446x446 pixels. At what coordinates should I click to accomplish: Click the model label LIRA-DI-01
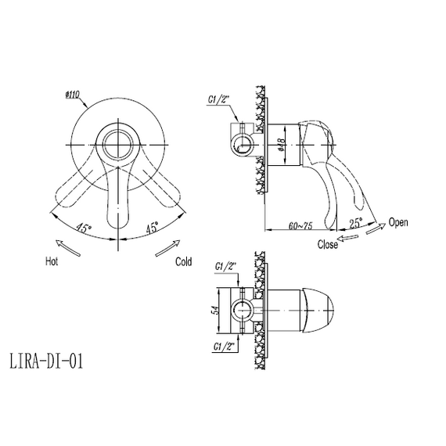(x=46, y=361)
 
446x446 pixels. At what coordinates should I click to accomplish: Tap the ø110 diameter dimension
(x=72, y=95)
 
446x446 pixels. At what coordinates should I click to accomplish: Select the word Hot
(x=52, y=261)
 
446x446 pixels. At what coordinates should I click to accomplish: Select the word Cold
(x=183, y=261)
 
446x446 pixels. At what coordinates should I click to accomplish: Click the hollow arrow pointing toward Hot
(x=68, y=248)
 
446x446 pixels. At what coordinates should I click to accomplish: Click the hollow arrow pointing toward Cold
(x=167, y=248)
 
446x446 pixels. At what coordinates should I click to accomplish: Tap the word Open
(x=398, y=222)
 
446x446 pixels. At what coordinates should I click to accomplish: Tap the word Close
(x=328, y=244)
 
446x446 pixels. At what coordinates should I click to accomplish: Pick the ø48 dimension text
(x=282, y=145)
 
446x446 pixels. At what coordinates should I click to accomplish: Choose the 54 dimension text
(x=216, y=310)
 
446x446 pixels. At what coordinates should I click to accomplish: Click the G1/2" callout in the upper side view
(x=219, y=99)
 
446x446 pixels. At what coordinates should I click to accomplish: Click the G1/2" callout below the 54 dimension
(x=225, y=347)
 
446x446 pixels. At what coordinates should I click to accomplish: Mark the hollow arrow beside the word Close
(x=347, y=238)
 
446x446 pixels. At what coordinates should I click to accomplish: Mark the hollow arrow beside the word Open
(x=376, y=228)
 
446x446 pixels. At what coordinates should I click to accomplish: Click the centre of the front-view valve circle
(x=117, y=145)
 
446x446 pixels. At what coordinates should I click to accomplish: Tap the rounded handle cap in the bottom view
(x=318, y=311)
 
